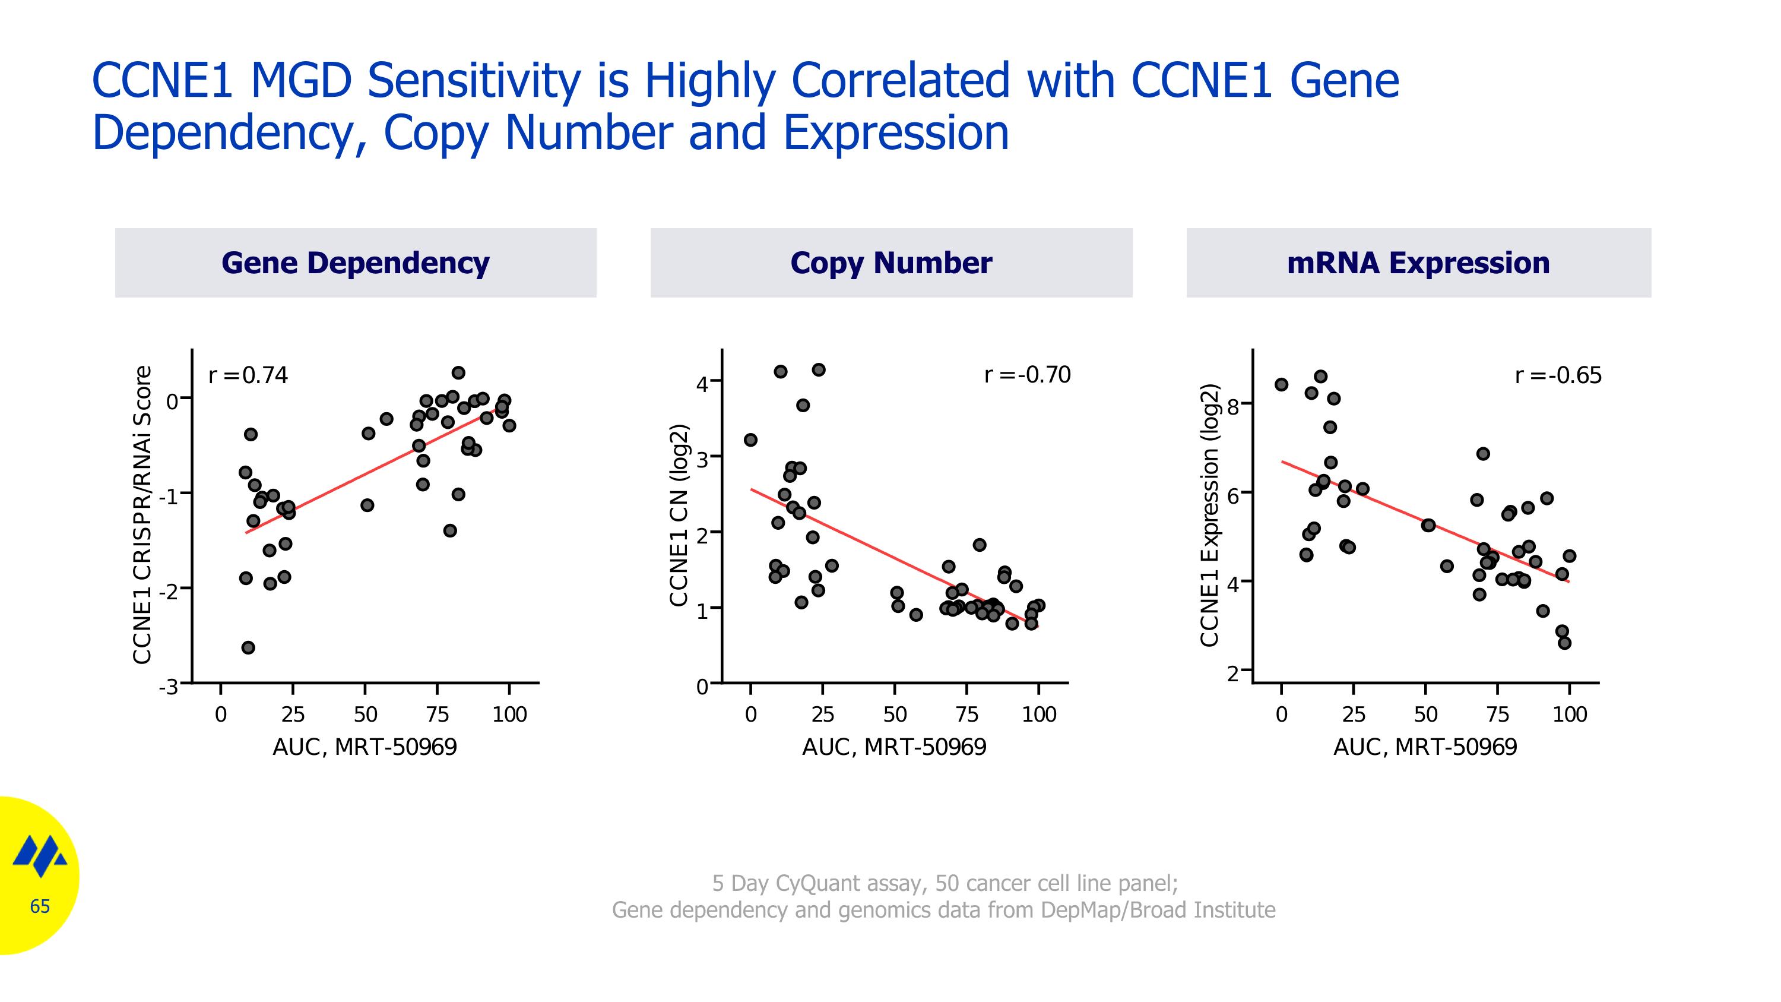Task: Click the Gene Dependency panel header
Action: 356,263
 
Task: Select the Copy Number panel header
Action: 890,263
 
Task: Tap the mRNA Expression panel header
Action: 1418,263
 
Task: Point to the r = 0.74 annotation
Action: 248,375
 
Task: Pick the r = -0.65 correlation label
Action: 1558,375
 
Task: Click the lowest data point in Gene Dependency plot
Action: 248,647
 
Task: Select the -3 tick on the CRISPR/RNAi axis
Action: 169,687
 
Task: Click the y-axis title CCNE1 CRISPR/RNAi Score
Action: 142,515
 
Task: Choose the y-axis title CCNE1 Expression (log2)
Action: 1209,515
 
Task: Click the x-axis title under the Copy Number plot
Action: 894,747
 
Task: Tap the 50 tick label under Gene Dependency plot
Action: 365,715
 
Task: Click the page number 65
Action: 40,906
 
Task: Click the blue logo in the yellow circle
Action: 40,855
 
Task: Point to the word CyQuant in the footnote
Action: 816,883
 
